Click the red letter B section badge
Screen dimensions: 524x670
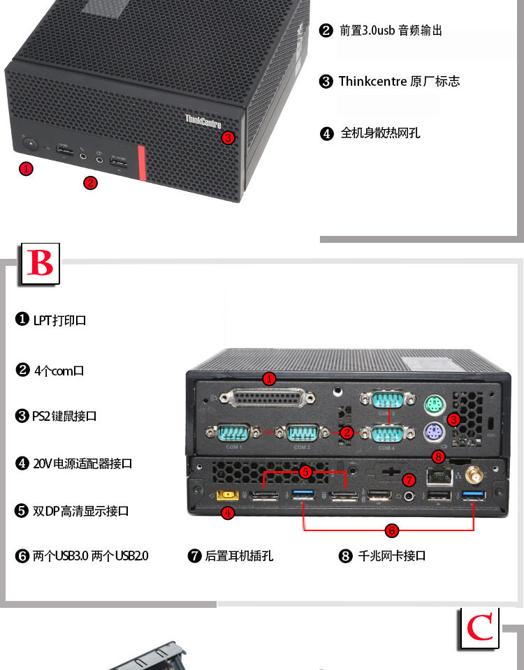pos(41,264)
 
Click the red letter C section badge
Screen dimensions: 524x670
pos(479,627)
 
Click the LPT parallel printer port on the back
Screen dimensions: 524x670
pos(267,398)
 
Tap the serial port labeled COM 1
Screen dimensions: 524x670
pos(234,433)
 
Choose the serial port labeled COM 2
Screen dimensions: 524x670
pos(302,433)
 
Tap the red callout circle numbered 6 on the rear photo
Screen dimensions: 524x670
pos(391,530)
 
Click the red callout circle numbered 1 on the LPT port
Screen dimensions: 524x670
pos(269,379)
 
